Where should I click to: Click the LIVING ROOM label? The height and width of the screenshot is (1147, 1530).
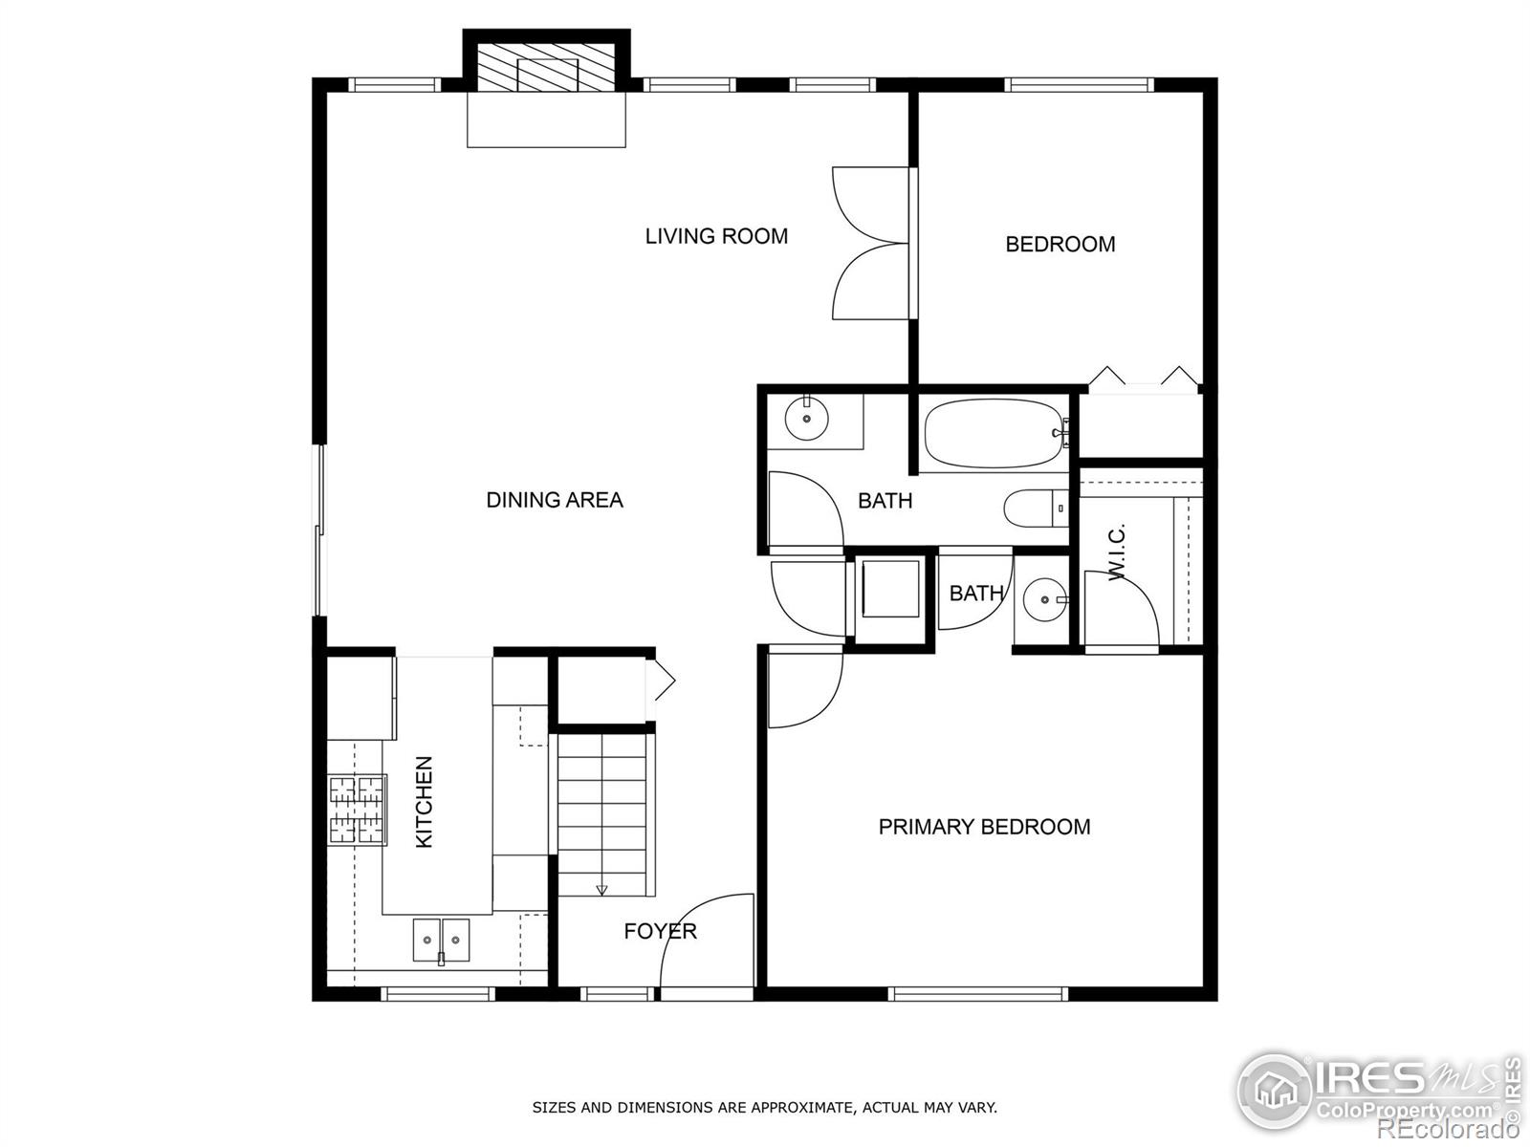[716, 236]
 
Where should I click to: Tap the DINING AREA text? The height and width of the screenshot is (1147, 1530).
[555, 500]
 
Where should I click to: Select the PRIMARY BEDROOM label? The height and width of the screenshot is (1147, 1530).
[984, 827]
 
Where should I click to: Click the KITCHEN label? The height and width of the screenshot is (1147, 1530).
[425, 802]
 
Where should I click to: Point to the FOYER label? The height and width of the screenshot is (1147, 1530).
[660, 931]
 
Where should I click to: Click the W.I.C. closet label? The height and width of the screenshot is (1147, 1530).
[1117, 552]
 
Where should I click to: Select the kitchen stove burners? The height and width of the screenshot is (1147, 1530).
[357, 810]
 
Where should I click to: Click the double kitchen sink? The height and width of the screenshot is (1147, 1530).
[442, 940]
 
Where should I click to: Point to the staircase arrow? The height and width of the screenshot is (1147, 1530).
[601, 889]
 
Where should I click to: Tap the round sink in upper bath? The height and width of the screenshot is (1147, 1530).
[806, 418]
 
